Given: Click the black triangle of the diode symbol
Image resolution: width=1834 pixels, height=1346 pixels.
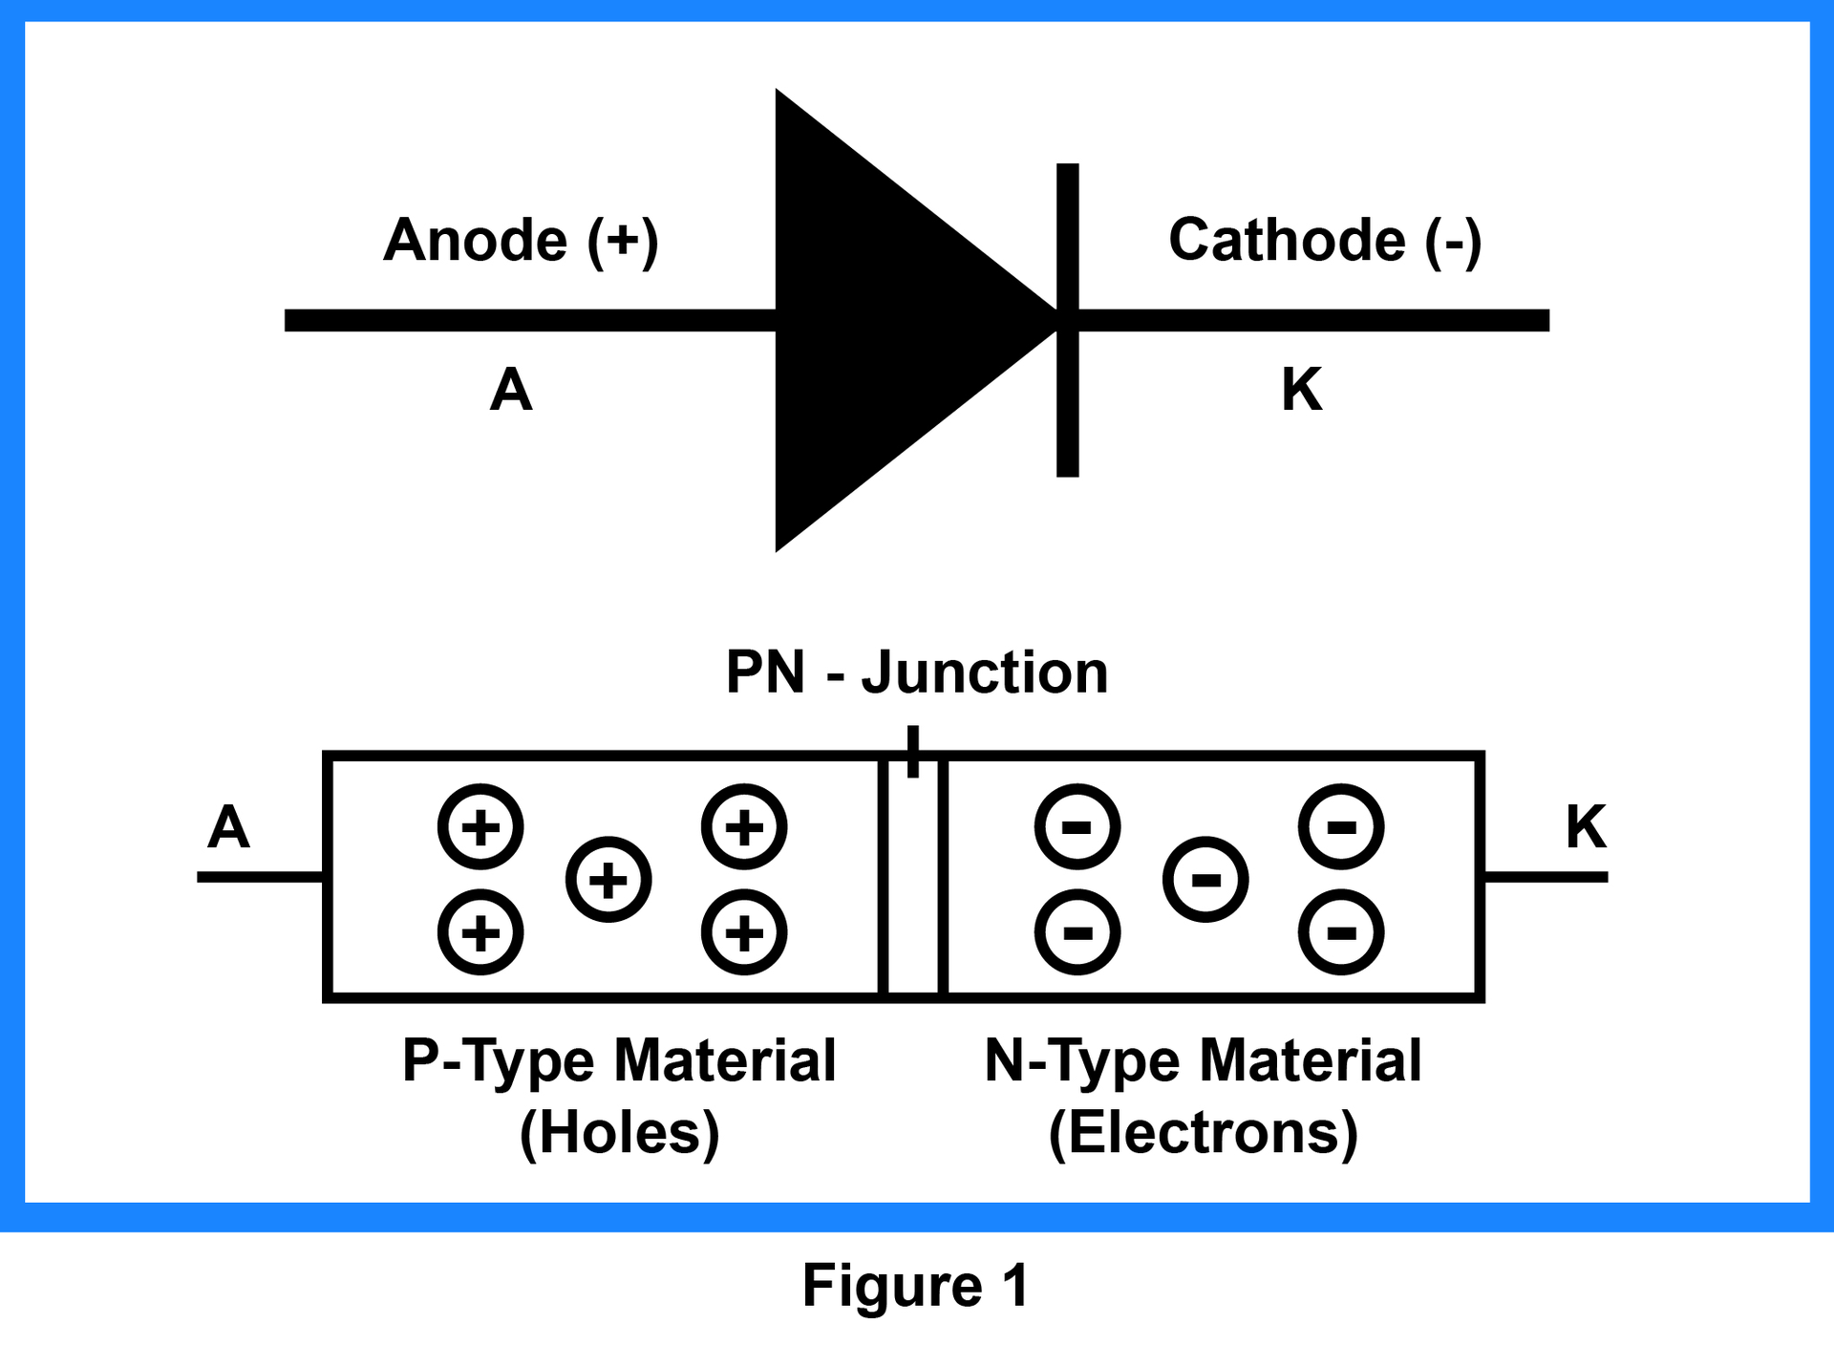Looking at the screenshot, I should click(879, 320).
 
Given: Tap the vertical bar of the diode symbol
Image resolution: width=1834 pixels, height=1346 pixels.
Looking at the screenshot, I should click(1067, 411).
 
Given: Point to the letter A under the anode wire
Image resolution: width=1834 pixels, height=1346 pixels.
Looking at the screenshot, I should click(511, 390).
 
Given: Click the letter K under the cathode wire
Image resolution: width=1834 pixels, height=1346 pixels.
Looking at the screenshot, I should click(1302, 390).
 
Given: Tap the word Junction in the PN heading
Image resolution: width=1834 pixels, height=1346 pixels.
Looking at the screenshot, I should click(984, 672).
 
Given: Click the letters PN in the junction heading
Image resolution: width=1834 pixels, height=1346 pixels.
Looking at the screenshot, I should click(765, 672).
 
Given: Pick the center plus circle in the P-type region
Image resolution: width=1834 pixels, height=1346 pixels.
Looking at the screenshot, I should click(608, 880).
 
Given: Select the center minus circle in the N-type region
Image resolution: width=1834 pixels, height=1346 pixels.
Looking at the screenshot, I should click(1205, 880).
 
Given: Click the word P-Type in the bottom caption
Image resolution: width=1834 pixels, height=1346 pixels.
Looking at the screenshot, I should click(497, 1060).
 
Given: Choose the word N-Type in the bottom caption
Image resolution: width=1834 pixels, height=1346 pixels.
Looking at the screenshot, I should click(1081, 1060).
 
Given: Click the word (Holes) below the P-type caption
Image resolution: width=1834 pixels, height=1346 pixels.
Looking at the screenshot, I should click(619, 1133).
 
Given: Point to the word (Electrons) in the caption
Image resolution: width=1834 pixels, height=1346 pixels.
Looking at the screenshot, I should click(1203, 1133).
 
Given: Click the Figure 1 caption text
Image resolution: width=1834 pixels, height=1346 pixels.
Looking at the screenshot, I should click(915, 1285).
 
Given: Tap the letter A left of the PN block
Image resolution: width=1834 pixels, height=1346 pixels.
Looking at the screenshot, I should click(228, 827).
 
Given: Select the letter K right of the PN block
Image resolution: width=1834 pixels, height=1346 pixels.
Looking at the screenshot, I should click(1587, 827).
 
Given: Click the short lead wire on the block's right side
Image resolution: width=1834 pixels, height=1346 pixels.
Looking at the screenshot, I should click(1546, 877).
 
